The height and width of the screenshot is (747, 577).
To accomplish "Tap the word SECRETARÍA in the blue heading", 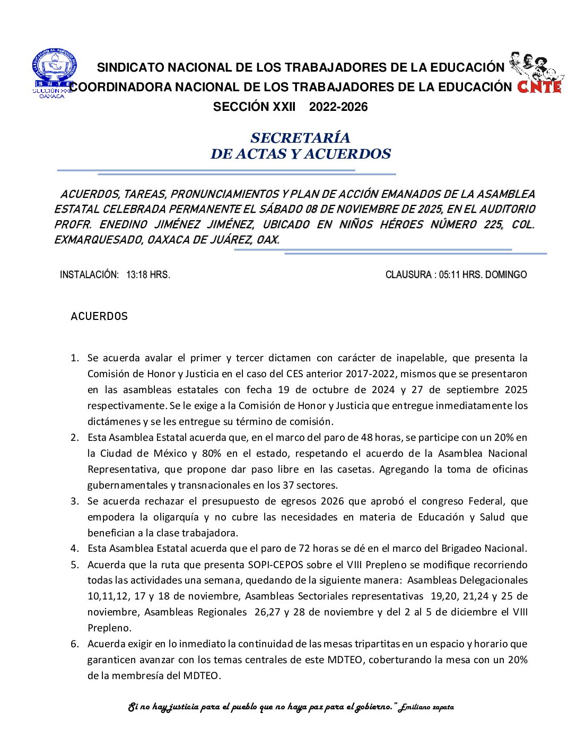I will tap(300, 138).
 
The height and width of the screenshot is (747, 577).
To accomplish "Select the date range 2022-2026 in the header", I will tap(338, 107).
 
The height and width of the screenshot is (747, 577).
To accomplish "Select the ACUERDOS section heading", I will tap(99, 317).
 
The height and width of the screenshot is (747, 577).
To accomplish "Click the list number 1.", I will tap(74, 358).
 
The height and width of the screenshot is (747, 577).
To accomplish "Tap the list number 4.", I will tap(74, 549).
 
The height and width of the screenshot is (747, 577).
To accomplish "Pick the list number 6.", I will tap(74, 644).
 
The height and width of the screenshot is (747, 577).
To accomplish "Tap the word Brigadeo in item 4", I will tap(461, 549).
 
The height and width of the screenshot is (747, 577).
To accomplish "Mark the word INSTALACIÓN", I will tap(89, 275).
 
